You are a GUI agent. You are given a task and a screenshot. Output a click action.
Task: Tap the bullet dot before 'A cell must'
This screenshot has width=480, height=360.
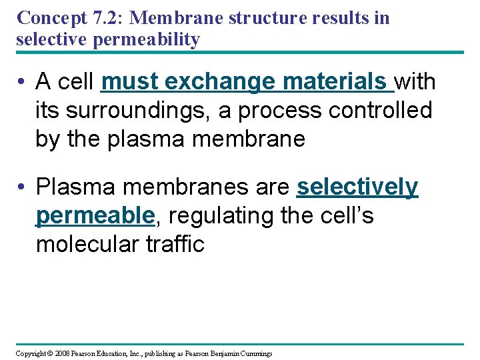point(23,83)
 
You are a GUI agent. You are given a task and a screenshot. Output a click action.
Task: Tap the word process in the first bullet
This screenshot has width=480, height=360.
point(279,110)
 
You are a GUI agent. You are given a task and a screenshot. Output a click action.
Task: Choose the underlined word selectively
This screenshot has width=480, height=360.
point(357,188)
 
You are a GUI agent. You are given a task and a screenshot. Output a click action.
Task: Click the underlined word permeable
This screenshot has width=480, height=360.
point(95,216)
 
